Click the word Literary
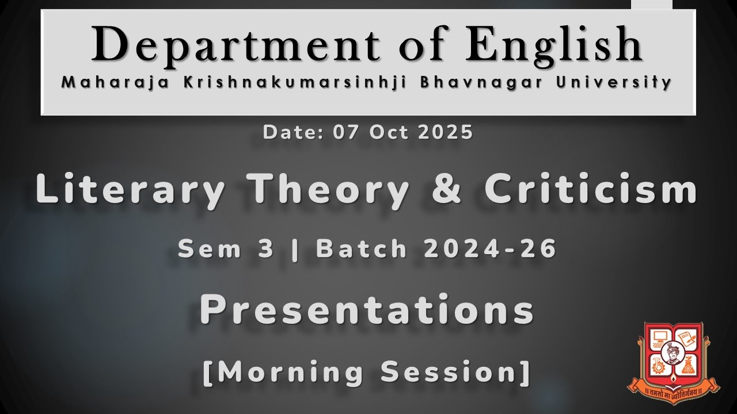tap(129, 190)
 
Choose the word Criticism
tap(590, 190)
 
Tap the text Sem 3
tap(226, 250)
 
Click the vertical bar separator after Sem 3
tap(296, 250)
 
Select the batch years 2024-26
tap(489, 250)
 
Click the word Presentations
tap(367, 310)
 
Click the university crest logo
tap(673, 362)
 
